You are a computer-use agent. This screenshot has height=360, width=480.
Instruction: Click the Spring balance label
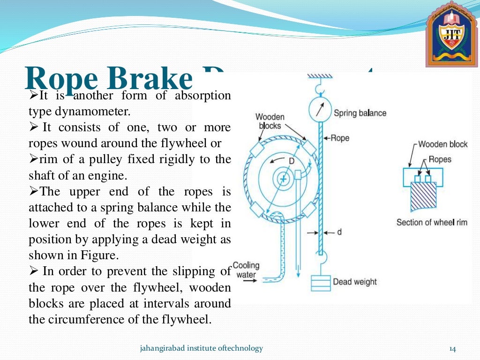(360, 113)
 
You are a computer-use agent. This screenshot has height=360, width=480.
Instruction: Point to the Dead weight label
(354, 282)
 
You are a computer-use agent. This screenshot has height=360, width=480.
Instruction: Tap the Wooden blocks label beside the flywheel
(270, 121)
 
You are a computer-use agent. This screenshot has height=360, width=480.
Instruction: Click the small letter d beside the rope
(339, 232)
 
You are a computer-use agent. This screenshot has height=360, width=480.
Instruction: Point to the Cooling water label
(246, 270)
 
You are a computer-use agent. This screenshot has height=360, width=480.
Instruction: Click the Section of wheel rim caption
(432, 222)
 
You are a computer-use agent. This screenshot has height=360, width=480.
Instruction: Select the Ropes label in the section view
(440, 159)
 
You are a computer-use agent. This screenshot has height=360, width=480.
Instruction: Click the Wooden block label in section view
(442, 144)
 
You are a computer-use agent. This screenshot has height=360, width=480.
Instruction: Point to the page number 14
(452, 348)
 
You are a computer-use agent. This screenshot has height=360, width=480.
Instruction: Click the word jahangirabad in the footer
(159, 348)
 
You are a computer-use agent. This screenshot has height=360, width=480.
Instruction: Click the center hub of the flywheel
(283, 179)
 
